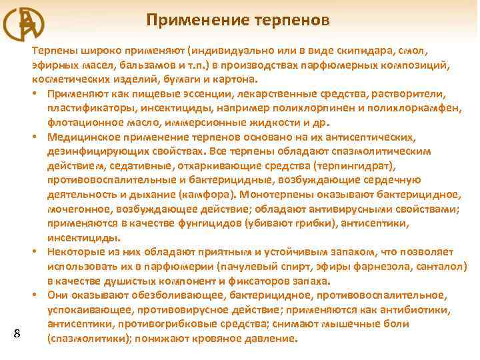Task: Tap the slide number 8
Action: [17, 333]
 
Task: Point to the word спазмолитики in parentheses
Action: [85, 339]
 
